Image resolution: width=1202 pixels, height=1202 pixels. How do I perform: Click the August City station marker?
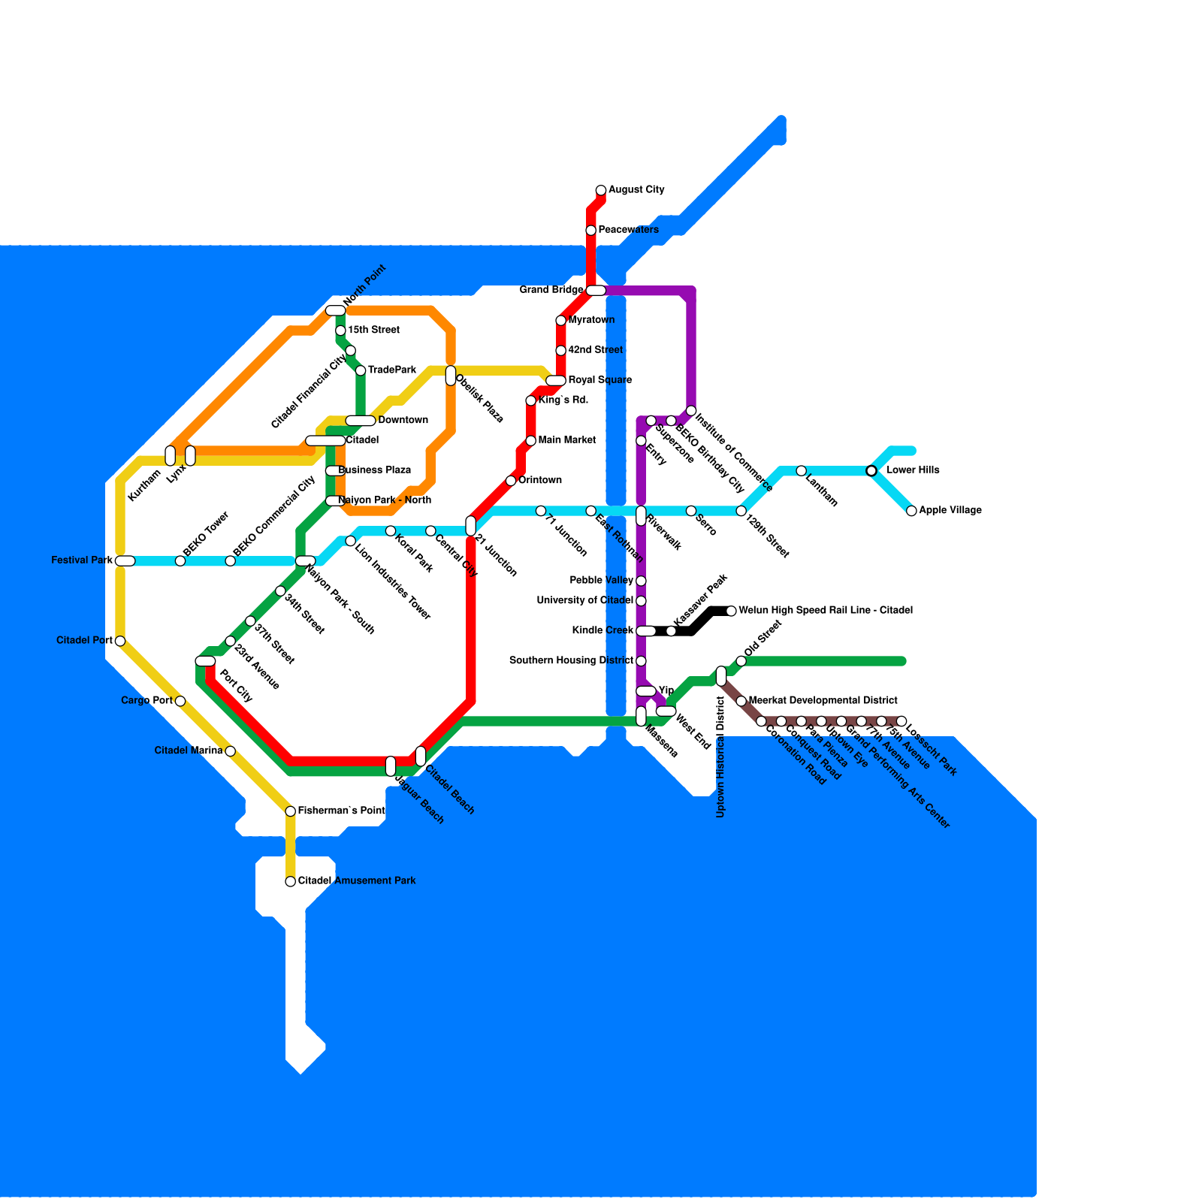coord(601,190)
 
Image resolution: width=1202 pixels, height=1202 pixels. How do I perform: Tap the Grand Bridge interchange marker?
coord(596,291)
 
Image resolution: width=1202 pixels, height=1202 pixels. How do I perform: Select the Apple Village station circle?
coord(911,511)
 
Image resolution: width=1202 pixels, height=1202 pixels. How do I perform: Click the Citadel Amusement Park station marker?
coord(291,881)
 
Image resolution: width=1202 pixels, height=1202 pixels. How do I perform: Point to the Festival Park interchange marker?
coord(125,560)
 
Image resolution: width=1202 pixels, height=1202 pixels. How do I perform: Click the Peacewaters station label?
coord(628,230)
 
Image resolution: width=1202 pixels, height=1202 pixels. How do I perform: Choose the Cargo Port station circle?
coord(180,701)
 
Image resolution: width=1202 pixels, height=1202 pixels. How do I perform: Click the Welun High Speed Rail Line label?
coord(825,610)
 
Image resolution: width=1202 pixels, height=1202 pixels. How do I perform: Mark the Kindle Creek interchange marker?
coord(645,631)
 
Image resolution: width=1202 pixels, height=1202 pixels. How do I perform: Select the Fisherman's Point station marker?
coord(291,811)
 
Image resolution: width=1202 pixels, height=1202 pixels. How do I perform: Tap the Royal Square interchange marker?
coord(556,381)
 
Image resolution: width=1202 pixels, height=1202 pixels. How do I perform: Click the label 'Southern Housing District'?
coord(571,660)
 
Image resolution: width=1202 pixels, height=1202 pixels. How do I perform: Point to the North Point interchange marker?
coord(335,311)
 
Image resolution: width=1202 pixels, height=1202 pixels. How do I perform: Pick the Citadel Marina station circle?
coord(231,751)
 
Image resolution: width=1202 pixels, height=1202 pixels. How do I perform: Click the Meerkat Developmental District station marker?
coord(741,701)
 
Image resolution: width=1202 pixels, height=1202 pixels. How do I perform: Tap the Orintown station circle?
coord(511,481)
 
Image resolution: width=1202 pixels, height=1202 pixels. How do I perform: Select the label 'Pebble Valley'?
coord(601,580)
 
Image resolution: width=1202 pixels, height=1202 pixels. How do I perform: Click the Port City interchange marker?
coord(205,661)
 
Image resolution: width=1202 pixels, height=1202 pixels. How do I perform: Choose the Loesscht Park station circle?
coord(901,721)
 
